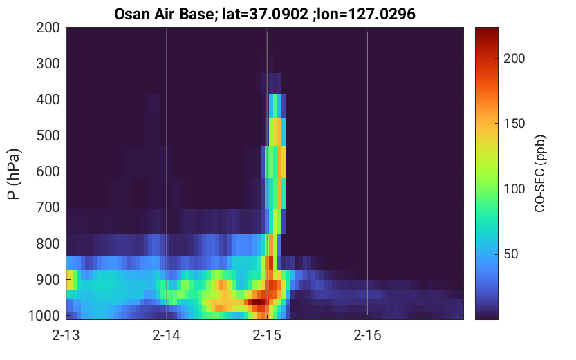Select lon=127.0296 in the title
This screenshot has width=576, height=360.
point(366,15)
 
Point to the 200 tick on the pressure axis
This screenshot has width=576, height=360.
point(48,28)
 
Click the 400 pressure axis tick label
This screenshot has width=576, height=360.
point(48,100)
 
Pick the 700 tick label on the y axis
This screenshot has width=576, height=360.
point(48,208)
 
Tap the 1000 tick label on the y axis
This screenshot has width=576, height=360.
point(44,316)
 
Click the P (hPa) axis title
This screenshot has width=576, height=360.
point(14,174)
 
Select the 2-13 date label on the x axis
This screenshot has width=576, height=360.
point(66,335)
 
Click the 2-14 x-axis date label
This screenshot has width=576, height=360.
point(167,335)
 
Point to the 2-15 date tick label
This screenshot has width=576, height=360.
point(267,335)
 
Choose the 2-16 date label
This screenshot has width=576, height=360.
point(367,335)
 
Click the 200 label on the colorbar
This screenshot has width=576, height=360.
point(514,58)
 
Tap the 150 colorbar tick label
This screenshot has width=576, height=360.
point(514,124)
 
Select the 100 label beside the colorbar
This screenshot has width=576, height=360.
point(514,189)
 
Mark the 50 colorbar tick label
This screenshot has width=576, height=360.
point(510,254)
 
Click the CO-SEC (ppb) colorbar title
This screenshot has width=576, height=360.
point(540,173)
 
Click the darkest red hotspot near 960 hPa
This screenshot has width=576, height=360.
point(257,302)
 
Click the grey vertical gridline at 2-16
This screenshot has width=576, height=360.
point(367,173)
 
